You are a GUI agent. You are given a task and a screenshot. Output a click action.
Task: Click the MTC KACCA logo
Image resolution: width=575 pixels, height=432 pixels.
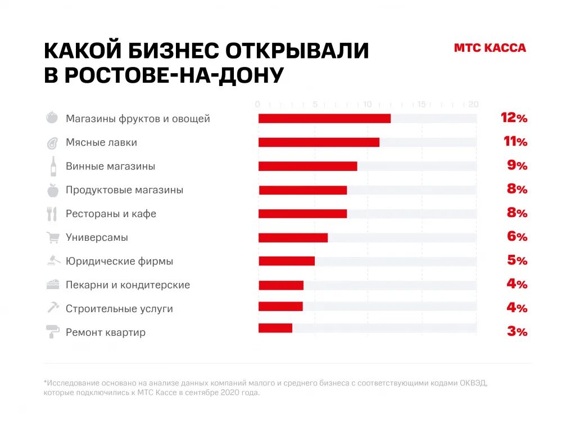pos(490,48)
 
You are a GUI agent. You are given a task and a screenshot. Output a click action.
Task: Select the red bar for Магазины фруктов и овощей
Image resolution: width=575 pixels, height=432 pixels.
pos(324,119)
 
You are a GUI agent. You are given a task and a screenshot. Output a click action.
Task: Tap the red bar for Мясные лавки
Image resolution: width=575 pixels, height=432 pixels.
pos(319,142)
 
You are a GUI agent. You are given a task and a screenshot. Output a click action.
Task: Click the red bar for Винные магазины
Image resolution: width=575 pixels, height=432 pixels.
pos(307,166)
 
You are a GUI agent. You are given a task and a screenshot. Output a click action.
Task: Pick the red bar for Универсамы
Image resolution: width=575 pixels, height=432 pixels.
pos(293,237)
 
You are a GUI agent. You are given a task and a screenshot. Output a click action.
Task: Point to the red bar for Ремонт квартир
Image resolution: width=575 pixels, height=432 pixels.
pos(275,328)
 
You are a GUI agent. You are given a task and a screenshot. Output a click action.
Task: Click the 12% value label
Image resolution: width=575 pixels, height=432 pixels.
pos(514,118)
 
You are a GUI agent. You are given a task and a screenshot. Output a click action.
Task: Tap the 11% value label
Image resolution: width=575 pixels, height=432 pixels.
pos(515,142)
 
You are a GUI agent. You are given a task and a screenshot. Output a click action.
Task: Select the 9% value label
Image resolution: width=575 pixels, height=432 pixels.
pos(517,165)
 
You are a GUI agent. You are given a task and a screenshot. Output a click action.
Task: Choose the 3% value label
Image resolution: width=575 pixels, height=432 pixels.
pos(517,331)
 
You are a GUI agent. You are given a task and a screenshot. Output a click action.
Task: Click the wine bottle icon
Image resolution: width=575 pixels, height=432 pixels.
pos(53,166)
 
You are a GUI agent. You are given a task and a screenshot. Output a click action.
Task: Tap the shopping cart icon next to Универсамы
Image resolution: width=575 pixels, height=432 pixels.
pos(53,238)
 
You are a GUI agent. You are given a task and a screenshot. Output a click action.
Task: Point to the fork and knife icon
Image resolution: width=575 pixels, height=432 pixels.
pos(52,214)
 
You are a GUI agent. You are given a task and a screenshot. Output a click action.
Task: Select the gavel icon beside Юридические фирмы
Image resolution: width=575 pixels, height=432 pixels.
pos(53,261)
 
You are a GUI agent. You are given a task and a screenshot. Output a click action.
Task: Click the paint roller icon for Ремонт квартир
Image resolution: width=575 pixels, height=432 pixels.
pos(53,332)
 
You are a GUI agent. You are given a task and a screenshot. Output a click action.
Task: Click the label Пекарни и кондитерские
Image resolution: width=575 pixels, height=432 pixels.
pos(128,285)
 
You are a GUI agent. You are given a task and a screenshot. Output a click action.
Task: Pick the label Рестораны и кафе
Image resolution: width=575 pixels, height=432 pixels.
pos(111,214)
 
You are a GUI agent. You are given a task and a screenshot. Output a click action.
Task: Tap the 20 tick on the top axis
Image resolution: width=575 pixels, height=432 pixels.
pos(473,104)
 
